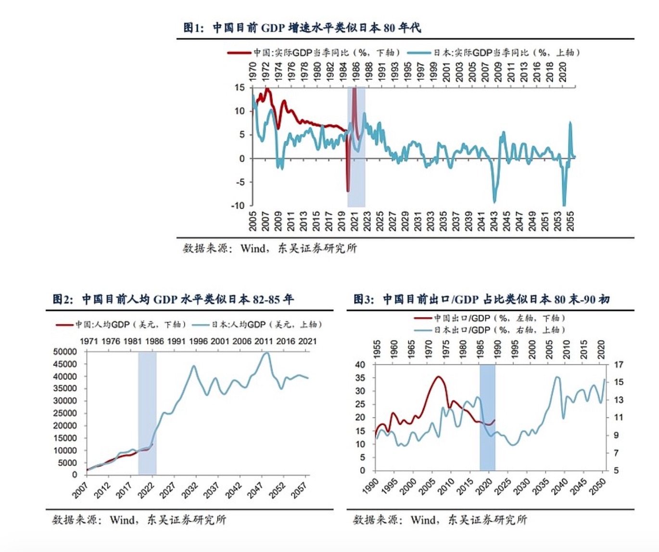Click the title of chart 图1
tap(302, 27)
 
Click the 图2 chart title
tap(173, 299)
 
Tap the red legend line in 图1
tap(239, 52)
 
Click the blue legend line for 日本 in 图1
tap(419, 52)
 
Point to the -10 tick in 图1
tap(238, 206)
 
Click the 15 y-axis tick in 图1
tap(240, 88)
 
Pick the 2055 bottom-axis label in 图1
tap(570, 221)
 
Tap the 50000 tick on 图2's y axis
tap(64, 352)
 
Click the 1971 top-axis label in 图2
tap(89, 341)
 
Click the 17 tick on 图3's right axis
tap(619, 364)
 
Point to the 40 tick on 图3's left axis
tap(360, 364)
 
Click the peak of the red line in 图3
tap(438, 376)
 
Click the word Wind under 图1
tap(253, 248)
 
